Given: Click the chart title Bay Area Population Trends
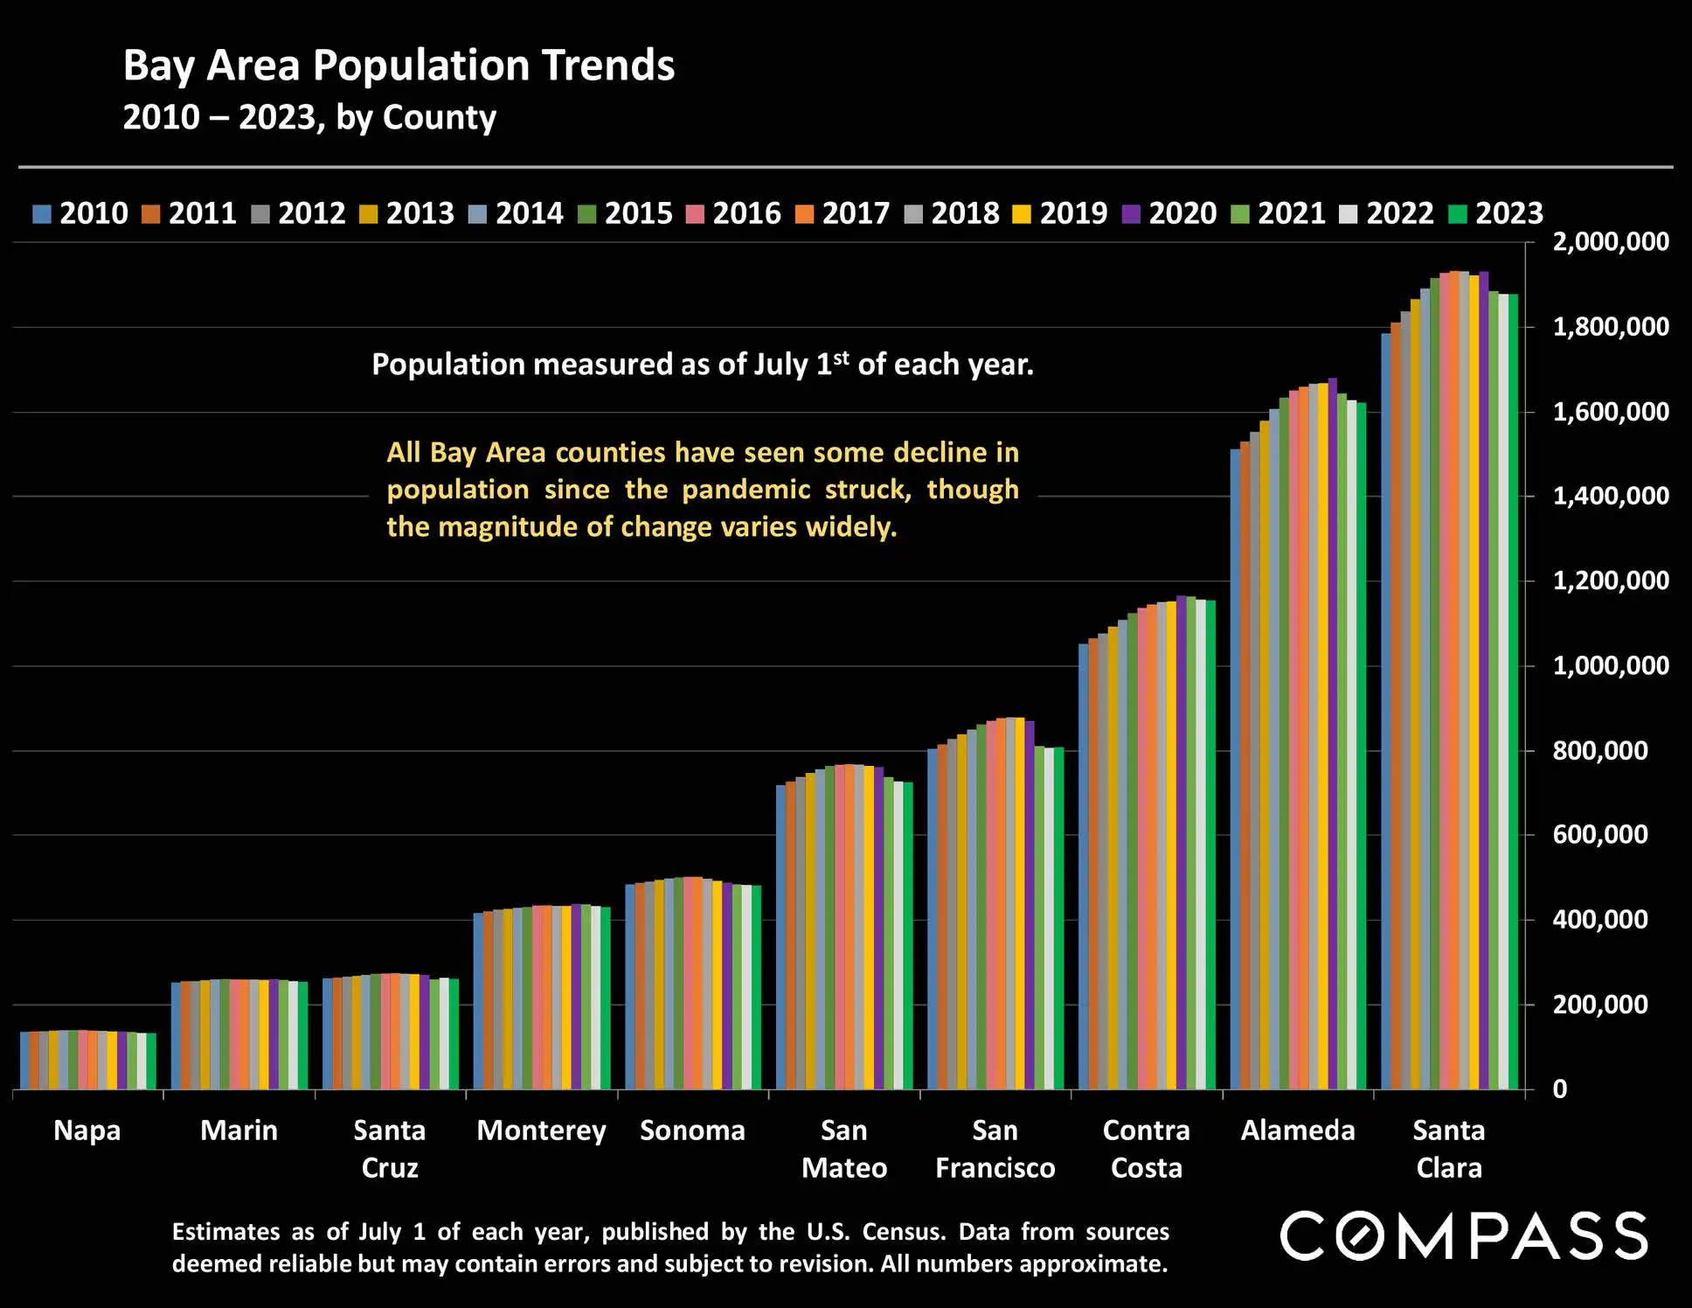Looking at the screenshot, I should pos(399,66).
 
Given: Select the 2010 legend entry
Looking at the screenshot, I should pos(80,213).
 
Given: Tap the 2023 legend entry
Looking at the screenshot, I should pos(1496,213).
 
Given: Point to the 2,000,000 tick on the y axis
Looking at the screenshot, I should pos(1610,242).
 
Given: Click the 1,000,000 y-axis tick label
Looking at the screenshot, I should pos(1610,666).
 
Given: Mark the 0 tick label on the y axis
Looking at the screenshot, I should pos(1559,1089).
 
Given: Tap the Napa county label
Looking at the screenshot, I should pos(87,1131).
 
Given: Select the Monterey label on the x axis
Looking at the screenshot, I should pos(541,1131).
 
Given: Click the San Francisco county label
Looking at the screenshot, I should pos(995,1149).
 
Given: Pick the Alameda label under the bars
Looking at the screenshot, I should pos(1298,1131).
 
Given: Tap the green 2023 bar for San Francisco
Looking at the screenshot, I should pos(1058,918).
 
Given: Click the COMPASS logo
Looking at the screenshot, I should pos(1464,1236).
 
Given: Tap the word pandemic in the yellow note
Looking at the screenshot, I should pos(745,490).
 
